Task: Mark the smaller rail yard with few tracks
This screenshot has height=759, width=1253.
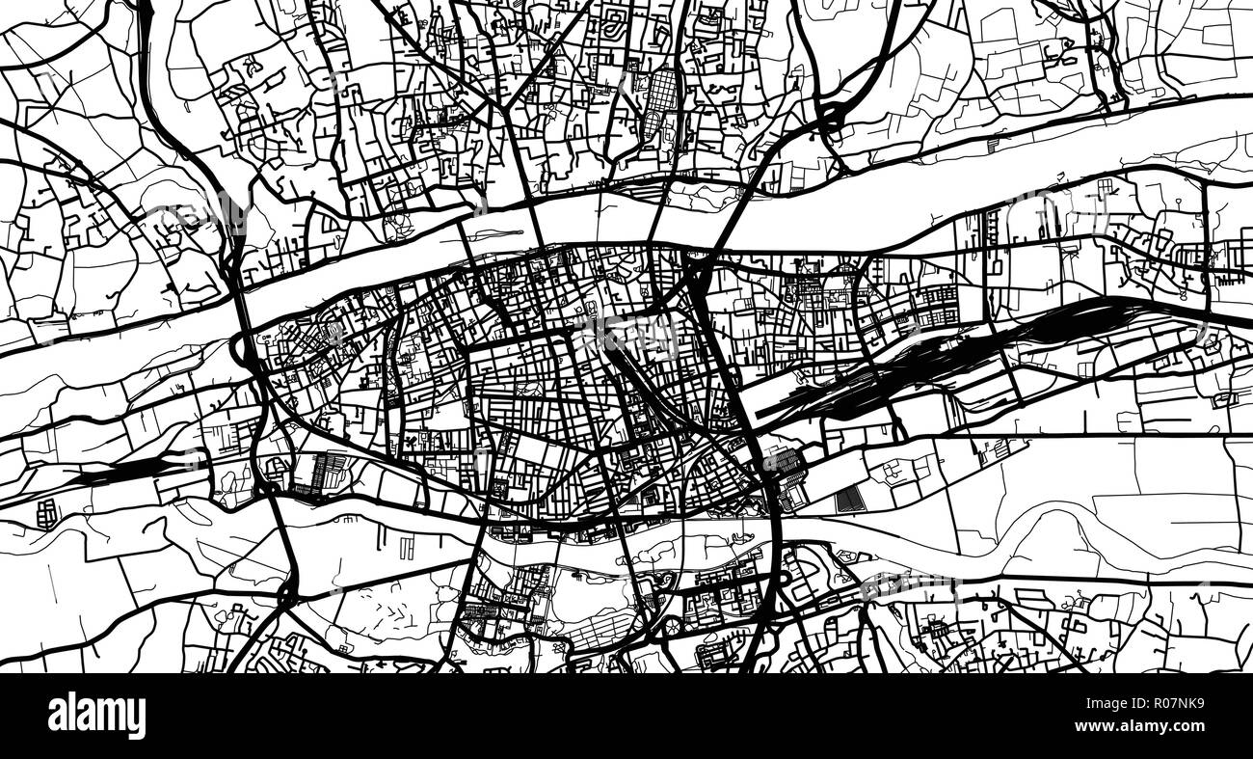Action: [125, 470]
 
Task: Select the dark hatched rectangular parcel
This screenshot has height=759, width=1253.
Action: [847, 499]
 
